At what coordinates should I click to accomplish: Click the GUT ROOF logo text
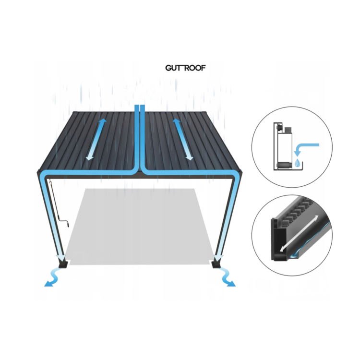[x=185, y=68]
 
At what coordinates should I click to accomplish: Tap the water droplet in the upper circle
[x=297, y=162]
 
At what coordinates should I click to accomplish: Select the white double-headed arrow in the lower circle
[x=299, y=233]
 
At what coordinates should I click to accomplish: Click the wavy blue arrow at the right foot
[x=227, y=277]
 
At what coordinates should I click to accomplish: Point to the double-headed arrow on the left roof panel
[x=96, y=139]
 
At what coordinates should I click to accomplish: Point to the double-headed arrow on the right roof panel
[x=183, y=139]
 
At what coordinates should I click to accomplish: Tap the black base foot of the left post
[x=63, y=264]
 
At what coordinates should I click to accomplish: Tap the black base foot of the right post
[x=216, y=264]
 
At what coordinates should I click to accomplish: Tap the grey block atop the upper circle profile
[x=288, y=130]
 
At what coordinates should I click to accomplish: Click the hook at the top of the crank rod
[x=50, y=183]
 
